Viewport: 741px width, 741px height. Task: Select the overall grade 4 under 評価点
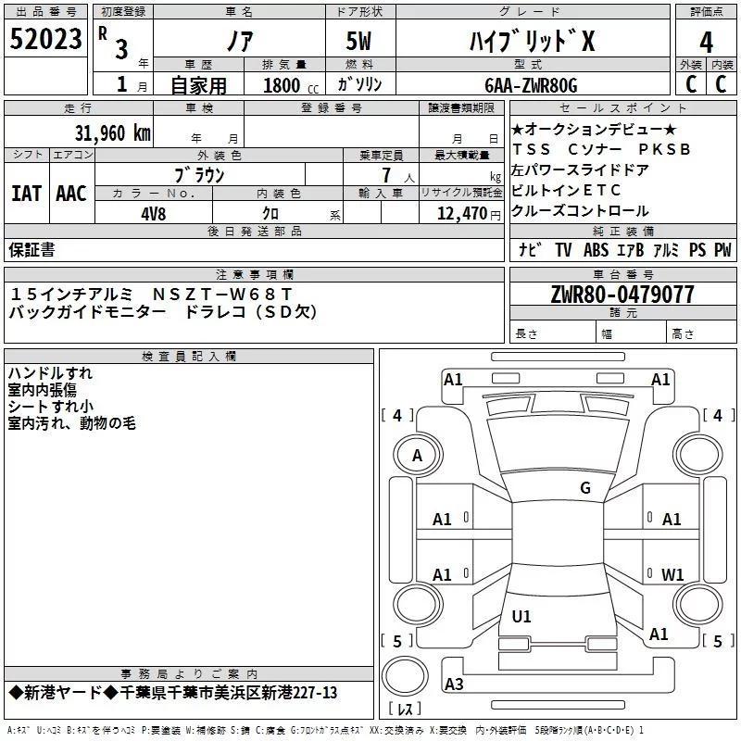pyautogui.click(x=707, y=42)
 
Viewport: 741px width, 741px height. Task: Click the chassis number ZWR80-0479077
pyautogui.click(x=622, y=295)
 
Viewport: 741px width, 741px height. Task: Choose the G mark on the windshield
pyautogui.click(x=584, y=488)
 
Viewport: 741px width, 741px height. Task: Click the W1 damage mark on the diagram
pyautogui.click(x=672, y=574)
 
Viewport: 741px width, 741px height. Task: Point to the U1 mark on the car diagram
pyautogui.click(x=521, y=616)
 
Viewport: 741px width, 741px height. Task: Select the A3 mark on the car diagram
pyautogui.click(x=454, y=684)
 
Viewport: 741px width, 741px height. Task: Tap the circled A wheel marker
pyautogui.click(x=417, y=455)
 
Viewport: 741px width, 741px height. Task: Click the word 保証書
pyautogui.click(x=32, y=249)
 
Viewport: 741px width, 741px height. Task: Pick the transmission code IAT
pyautogui.click(x=27, y=193)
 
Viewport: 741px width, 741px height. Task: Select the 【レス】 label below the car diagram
pyautogui.click(x=405, y=710)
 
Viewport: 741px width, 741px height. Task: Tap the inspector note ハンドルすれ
pyautogui.click(x=50, y=373)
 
